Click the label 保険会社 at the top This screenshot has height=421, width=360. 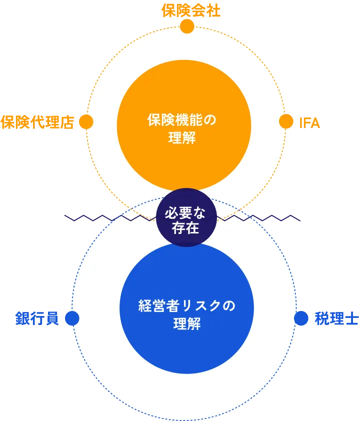coord(191,10)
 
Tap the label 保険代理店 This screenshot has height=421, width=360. coord(37,122)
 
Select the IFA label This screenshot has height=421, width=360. coord(309,122)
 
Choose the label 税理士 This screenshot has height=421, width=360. coord(336,319)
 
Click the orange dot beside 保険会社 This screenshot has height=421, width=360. coord(187,26)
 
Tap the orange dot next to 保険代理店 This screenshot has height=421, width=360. coord(86,122)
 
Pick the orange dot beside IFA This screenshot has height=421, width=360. coord(286,121)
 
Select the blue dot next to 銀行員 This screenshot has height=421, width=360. coord(72,318)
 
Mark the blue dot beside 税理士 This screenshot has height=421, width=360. coord(301,318)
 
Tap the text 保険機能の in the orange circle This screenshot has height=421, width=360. coord(182,120)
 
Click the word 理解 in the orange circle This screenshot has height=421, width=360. coord(182,138)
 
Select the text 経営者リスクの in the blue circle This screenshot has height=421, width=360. coord(186,306)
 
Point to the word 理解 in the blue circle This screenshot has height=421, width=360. coord(186,324)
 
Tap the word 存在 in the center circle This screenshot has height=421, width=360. coord(185,229)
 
